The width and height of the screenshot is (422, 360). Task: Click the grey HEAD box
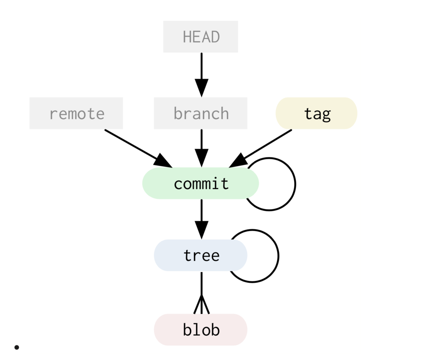coord(201,37)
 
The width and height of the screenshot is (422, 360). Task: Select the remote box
coord(76,113)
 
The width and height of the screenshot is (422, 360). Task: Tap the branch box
coord(201,113)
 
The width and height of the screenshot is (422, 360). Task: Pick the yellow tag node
coord(316,113)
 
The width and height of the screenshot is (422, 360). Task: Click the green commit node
coord(201,183)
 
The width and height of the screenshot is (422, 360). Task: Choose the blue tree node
coord(201,255)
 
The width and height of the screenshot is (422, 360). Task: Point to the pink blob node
coord(201,329)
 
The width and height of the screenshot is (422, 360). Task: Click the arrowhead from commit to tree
coord(201,229)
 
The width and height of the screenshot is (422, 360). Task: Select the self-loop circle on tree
coord(278,256)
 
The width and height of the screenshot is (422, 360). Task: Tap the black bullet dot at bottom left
coord(17,347)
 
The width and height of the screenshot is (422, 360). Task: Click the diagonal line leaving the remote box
coord(130,143)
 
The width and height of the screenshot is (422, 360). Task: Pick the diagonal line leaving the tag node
coord(271,141)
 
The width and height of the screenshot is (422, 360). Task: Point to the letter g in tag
coord(326,115)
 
